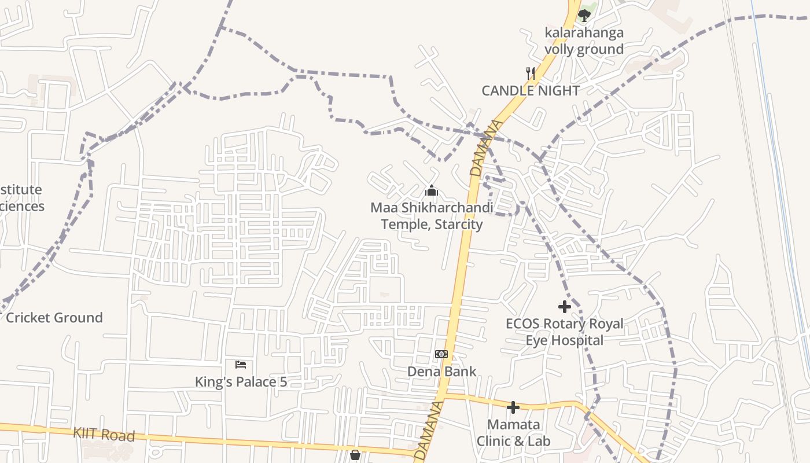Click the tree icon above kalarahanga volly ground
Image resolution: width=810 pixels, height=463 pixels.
(x=584, y=15)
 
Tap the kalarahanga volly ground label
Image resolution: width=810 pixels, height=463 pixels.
(x=584, y=41)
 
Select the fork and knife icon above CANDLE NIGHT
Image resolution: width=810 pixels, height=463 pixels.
(x=530, y=74)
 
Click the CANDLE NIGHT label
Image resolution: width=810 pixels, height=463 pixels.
(x=531, y=91)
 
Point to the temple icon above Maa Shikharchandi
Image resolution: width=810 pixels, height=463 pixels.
(x=431, y=190)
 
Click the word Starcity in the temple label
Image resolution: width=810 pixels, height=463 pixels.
(x=457, y=224)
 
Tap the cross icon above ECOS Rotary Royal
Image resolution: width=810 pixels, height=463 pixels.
(x=565, y=307)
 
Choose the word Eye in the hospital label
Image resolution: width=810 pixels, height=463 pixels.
(x=536, y=340)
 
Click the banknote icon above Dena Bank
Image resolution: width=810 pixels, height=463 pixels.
(x=441, y=354)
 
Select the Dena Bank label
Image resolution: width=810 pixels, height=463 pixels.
(x=442, y=372)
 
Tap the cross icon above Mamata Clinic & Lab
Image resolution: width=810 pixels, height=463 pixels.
(x=513, y=407)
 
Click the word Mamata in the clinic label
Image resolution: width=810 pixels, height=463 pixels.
(x=514, y=424)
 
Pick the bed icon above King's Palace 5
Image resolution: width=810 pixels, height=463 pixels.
(x=241, y=365)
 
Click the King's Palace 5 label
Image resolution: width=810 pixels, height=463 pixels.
(x=241, y=382)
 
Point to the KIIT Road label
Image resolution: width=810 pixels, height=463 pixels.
(x=104, y=435)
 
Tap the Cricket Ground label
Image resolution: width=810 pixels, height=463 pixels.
(x=54, y=318)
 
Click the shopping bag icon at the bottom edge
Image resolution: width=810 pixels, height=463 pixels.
(x=355, y=455)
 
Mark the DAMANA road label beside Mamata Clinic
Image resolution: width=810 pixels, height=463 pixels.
(x=429, y=431)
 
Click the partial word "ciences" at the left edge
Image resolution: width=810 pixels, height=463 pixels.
(x=22, y=207)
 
